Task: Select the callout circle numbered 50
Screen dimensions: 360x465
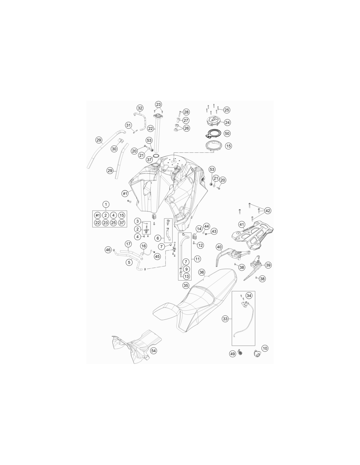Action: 227,133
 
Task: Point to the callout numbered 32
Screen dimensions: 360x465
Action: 140,108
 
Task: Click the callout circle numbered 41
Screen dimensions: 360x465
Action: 242,224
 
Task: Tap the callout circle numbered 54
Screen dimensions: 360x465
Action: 153,351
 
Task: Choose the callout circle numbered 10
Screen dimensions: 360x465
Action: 265,348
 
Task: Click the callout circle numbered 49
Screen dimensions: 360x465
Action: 233,354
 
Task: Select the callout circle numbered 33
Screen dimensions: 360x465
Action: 225,319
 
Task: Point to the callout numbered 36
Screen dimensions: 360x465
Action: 202,272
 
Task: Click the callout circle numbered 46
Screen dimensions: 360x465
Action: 108,250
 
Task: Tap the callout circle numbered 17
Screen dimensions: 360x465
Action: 128,244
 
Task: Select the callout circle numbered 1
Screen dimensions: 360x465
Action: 106,204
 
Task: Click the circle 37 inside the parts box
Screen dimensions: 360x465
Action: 122,223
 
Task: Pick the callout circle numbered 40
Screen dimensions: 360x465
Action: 219,247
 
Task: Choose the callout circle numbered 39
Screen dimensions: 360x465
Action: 268,265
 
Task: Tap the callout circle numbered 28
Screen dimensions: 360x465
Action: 186,112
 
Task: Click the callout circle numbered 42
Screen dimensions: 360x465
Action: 268,211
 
